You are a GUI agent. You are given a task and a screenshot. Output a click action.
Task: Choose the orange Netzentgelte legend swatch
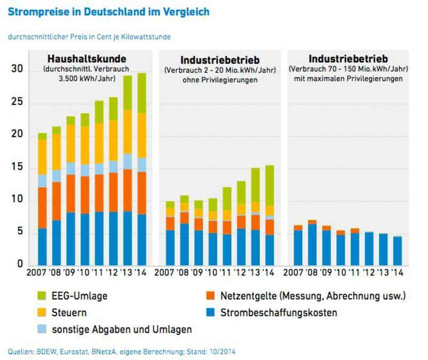(x=211, y=295)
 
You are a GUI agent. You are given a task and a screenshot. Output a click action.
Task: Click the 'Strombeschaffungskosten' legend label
(x=279, y=312)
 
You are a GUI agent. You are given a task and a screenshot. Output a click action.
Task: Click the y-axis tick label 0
(x=18, y=265)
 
